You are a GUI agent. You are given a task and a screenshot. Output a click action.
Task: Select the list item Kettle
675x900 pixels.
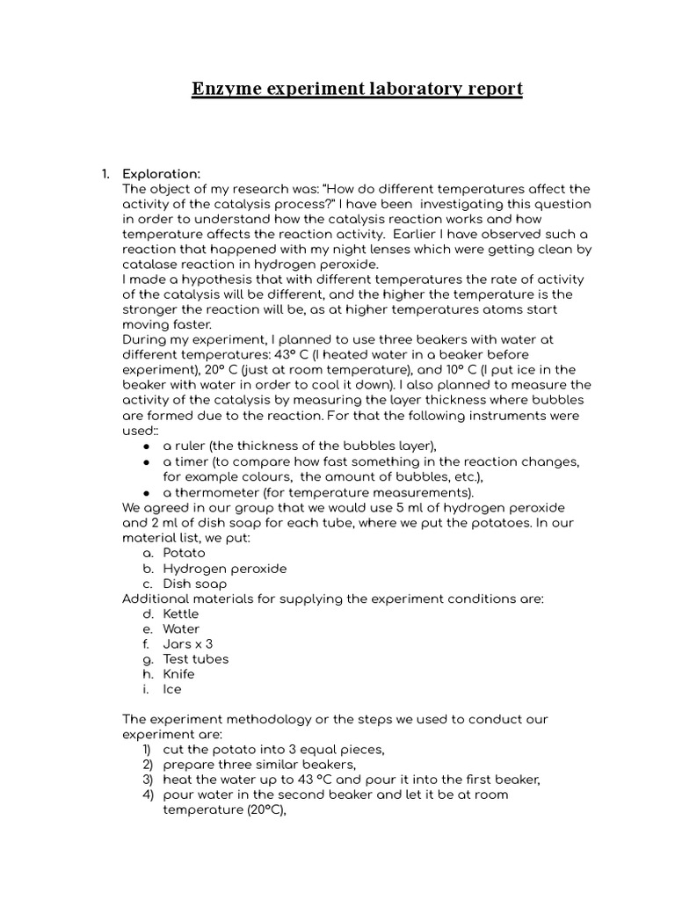[181, 613]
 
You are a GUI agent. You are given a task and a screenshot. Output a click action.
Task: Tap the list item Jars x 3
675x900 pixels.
[187, 643]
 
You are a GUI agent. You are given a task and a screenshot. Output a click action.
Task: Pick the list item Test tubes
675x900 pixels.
[195, 658]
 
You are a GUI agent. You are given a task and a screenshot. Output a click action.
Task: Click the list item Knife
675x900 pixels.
[179, 673]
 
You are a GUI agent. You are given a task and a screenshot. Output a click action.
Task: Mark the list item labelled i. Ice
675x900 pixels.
[172, 689]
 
